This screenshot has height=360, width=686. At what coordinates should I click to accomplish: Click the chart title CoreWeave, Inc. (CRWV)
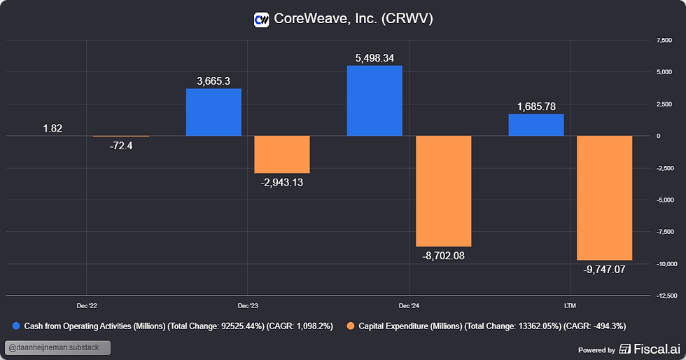click(x=353, y=18)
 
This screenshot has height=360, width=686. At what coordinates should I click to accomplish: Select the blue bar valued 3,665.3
click(x=213, y=112)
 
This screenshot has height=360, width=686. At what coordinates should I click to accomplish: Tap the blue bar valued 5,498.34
click(x=374, y=100)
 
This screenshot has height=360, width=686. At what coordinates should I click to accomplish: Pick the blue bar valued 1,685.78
click(x=535, y=125)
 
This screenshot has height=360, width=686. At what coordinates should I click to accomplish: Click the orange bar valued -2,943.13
click(x=281, y=154)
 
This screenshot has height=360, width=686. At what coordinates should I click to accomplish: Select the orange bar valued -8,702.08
click(x=444, y=191)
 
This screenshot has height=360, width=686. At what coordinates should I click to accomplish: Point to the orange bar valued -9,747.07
click(x=604, y=198)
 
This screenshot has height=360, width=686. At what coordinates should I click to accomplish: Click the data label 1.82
click(x=52, y=127)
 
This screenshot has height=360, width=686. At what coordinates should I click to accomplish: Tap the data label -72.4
click(x=120, y=146)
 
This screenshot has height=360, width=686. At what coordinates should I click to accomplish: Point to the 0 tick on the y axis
click(x=657, y=136)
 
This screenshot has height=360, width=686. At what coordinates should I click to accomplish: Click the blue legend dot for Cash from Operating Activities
click(x=17, y=326)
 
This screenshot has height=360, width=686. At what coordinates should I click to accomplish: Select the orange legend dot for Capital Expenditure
click(x=351, y=326)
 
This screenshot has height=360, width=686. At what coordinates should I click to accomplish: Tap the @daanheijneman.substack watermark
click(x=57, y=348)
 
